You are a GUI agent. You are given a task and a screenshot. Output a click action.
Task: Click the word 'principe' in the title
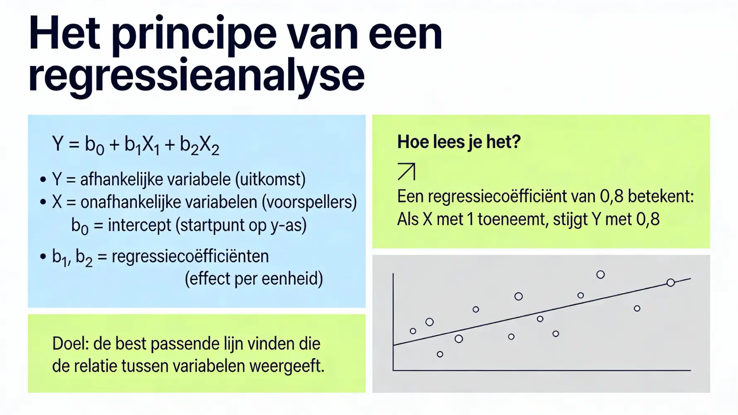(x=194, y=35)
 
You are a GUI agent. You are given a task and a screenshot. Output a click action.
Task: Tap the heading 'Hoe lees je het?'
(x=459, y=142)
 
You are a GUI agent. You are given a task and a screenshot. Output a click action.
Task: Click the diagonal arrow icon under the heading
(x=406, y=171)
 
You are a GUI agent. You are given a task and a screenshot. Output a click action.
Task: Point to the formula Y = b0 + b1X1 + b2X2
(x=136, y=144)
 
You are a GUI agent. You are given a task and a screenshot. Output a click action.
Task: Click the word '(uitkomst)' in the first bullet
(x=270, y=179)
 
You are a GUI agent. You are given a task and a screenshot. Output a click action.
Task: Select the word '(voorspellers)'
(x=309, y=202)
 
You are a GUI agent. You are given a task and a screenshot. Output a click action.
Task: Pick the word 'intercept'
(x=139, y=225)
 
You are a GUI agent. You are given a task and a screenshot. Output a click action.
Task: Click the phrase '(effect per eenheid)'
(x=253, y=278)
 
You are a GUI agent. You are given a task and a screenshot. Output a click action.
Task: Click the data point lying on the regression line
(x=670, y=283)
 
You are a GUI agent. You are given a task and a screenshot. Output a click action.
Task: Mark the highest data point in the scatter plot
(x=600, y=275)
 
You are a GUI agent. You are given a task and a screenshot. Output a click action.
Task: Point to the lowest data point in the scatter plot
(x=440, y=354)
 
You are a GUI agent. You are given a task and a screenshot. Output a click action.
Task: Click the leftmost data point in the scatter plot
(x=413, y=331)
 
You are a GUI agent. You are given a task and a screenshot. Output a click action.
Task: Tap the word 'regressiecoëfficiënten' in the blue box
(x=190, y=256)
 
